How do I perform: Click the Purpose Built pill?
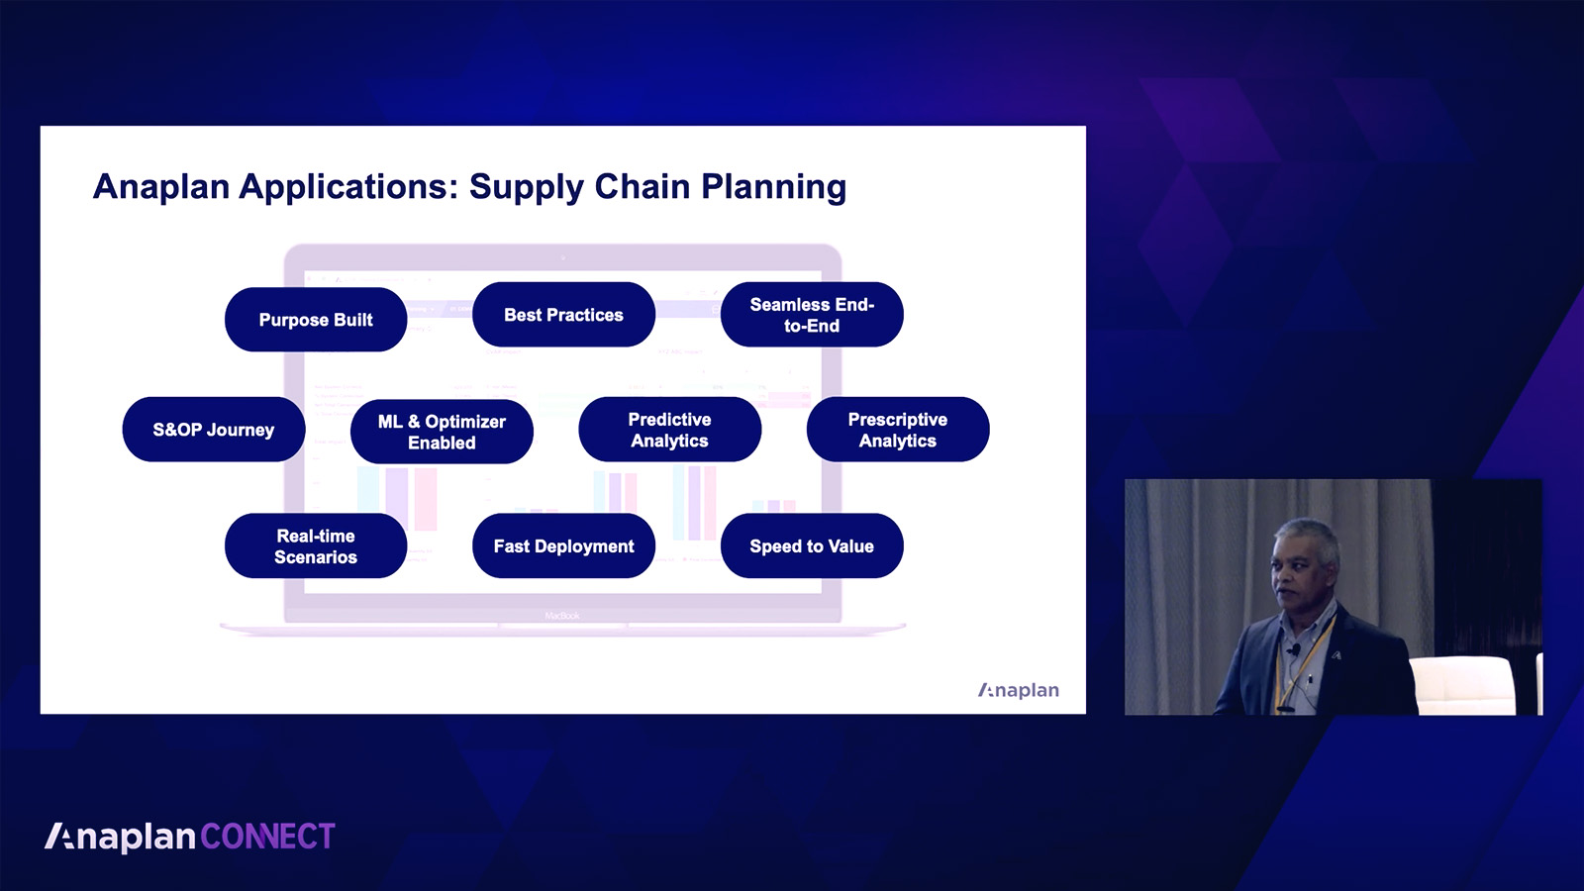coord(316,320)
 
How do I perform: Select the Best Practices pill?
coord(563,315)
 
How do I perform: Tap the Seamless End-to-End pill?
coord(812,315)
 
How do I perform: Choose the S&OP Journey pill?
coord(214,430)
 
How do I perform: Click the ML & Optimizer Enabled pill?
coord(442,432)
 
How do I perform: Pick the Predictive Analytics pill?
coord(669,430)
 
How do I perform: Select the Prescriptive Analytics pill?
coord(898,430)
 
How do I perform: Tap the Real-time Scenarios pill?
coord(316,545)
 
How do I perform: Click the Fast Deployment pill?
coord(563,545)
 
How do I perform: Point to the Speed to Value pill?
coord(812,545)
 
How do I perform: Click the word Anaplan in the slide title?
coord(161,187)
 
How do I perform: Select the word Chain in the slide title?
coord(643,187)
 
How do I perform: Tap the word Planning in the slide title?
coord(773,188)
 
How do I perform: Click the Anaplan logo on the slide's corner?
coord(1019,690)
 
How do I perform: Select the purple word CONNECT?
coord(268,837)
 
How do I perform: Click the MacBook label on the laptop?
coord(562,616)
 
